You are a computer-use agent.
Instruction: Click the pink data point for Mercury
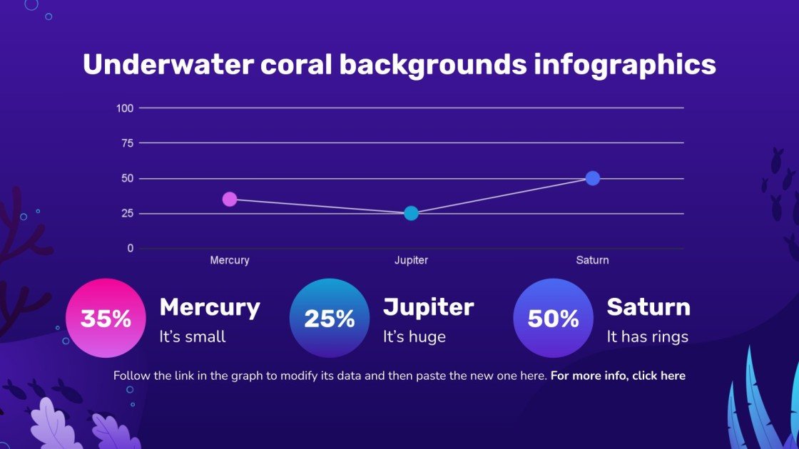coord(230,199)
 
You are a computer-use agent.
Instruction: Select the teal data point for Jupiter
coord(411,213)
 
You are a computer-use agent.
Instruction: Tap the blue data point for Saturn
coord(592,178)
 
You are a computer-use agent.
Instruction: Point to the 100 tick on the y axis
coord(125,108)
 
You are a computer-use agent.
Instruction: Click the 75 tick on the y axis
coord(127,143)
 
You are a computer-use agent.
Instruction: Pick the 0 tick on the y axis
coord(130,248)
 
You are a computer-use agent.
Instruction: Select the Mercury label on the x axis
coord(230,261)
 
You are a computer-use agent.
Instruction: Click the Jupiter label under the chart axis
coord(411,261)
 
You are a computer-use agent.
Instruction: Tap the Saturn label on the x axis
coord(592,261)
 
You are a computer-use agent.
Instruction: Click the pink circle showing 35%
coord(106,319)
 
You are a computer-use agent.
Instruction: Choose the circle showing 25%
coord(330,319)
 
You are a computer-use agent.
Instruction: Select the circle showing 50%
coord(553,319)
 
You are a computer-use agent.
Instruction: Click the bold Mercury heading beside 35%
coord(210,307)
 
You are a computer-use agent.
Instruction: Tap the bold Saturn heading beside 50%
coord(648,307)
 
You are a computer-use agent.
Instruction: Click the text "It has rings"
coord(647,337)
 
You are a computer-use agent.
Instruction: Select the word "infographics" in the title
coord(624,65)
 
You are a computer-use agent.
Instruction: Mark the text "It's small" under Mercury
coord(193,337)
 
